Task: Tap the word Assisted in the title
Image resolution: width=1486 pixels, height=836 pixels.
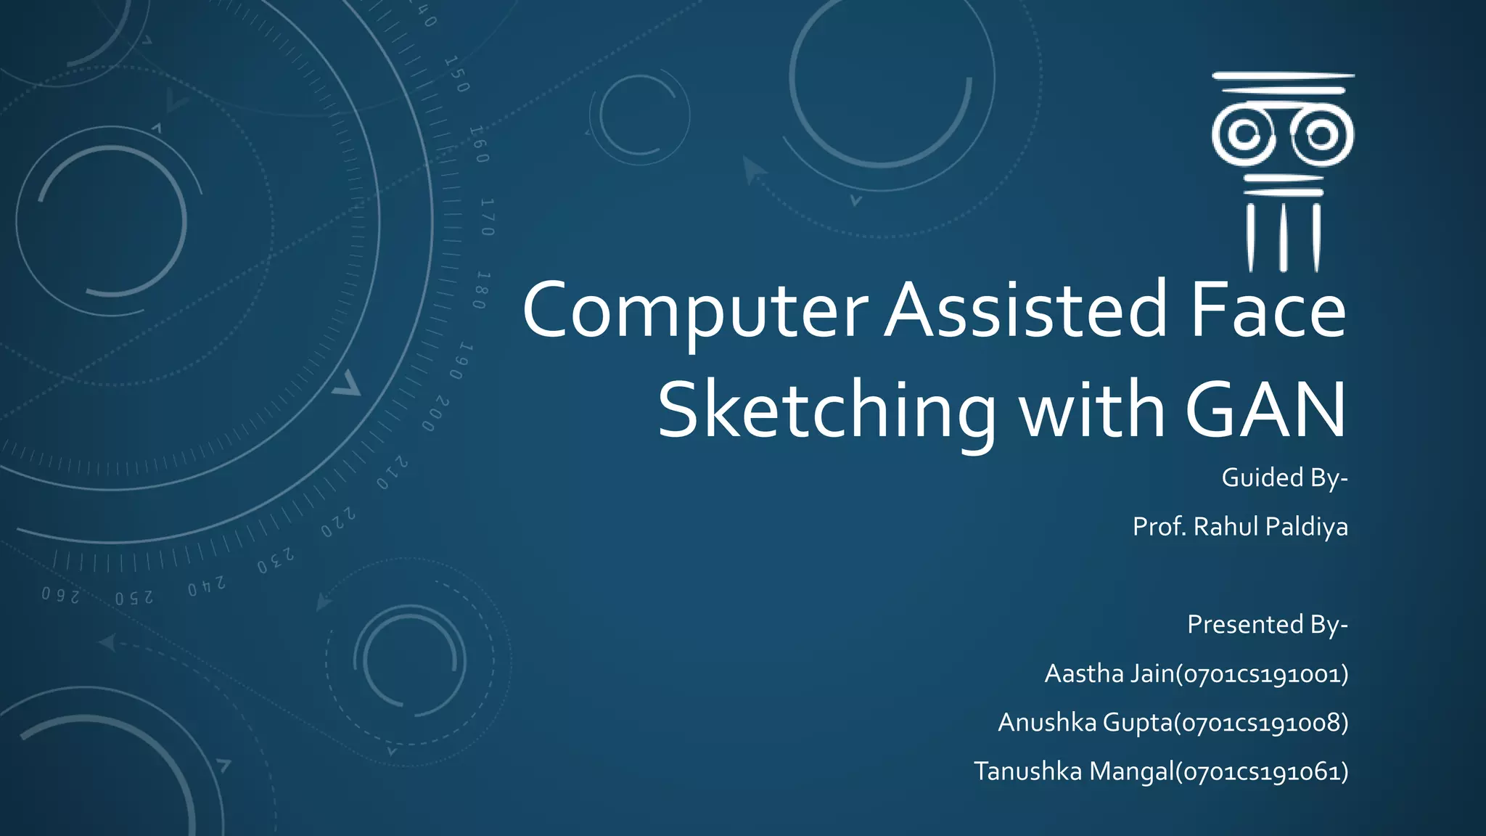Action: (1025, 311)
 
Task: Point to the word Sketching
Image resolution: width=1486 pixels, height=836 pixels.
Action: (826, 411)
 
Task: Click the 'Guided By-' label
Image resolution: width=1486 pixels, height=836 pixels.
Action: (1284, 478)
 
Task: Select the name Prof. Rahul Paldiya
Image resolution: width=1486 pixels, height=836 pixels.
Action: (1240, 527)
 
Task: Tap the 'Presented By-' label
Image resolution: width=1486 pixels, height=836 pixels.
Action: (1267, 625)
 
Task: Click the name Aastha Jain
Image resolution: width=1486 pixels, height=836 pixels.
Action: (1109, 674)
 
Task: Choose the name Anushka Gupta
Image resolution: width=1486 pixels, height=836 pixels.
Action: (1085, 723)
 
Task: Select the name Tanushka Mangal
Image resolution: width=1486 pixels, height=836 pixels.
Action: (1073, 771)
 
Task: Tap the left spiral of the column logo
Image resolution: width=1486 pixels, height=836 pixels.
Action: (1244, 134)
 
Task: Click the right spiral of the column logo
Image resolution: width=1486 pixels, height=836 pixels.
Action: (1321, 135)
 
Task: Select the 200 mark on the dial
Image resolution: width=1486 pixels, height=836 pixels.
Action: (436, 414)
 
